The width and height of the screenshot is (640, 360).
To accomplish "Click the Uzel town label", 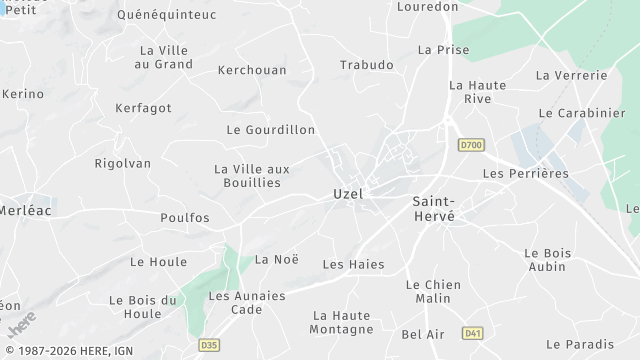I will pyautogui.click(x=347, y=194).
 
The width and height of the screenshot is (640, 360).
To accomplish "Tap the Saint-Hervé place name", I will pyautogui.click(x=434, y=208).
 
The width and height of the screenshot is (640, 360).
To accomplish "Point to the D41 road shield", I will pyautogui.click(x=473, y=332).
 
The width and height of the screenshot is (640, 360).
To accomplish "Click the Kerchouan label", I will pyautogui.click(x=252, y=70).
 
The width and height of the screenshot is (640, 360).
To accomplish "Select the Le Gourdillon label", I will pyautogui.click(x=271, y=130).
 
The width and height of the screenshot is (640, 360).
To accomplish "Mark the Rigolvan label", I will pyautogui.click(x=122, y=163).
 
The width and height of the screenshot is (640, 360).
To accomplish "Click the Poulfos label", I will pyautogui.click(x=185, y=217).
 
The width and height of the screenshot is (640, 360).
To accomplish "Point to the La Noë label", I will pyautogui.click(x=277, y=259).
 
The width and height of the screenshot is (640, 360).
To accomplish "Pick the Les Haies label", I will pyautogui.click(x=353, y=264).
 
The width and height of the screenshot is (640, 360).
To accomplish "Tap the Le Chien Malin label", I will pyautogui.click(x=433, y=292).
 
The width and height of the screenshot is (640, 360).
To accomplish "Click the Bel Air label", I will pyautogui.click(x=422, y=334).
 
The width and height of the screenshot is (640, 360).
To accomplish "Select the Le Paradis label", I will pyautogui.click(x=580, y=344).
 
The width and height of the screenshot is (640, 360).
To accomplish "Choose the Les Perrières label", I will pyautogui.click(x=525, y=173).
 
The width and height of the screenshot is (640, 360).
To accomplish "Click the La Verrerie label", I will pyautogui.click(x=572, y=75).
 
